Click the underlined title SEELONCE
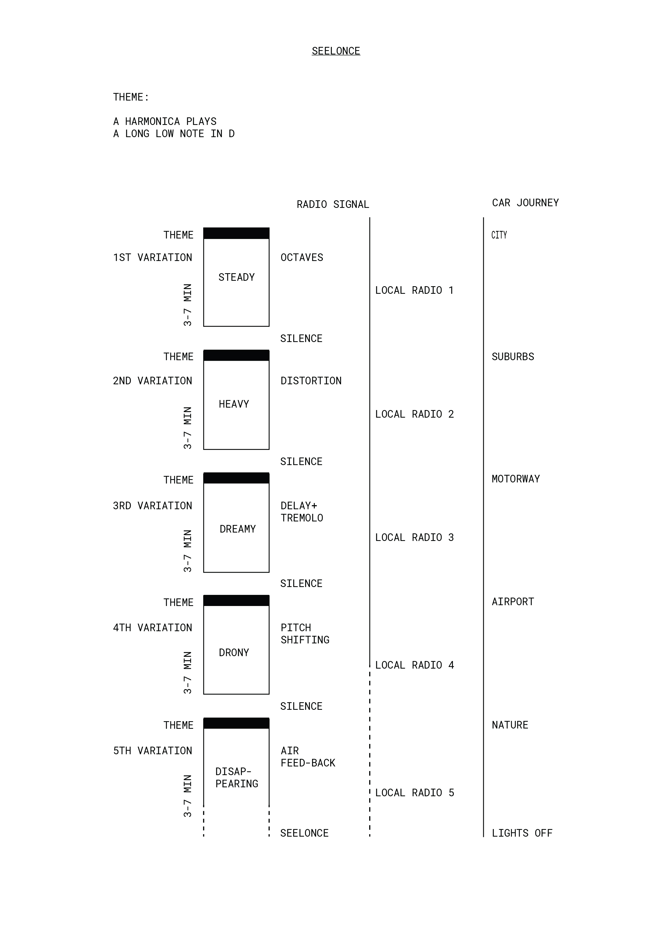(x=336, y=51)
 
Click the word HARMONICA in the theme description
(x=152, y=121)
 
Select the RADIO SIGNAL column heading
(x=333, y=204)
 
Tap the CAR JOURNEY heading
(x=525, y=202)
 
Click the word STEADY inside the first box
(x=236, y=277)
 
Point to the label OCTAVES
(x=302, y=257)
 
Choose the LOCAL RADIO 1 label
(x=414, y=290)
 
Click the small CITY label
(x=499, y=235)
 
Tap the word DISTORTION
(x=311, y=381)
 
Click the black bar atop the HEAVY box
(x=236, y=355)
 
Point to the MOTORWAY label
(x=515, y=479)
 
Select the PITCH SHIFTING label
(x=305, y=634)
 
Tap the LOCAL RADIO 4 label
(x=414, y=665)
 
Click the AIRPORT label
(x=512, y=601)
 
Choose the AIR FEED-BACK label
(x=308, y=757)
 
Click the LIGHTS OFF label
(x=522, y=833)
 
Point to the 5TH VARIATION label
(x=152, y=750)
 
